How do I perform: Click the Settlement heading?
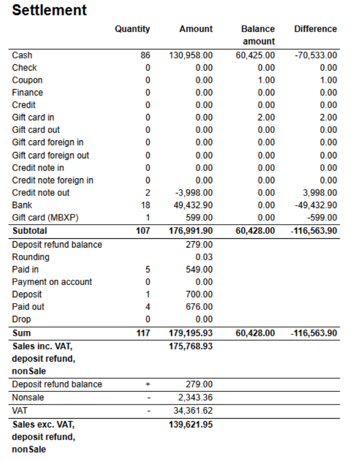(x=49, y=10)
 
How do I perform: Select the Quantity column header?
(x=132, y=29)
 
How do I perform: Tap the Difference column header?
(x=315, y=29)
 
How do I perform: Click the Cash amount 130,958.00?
(x=191, y=55)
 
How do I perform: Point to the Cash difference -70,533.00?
(x=316, y=55)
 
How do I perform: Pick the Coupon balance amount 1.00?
(x=266, y=80)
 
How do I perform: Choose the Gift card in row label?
(x=33, y=117)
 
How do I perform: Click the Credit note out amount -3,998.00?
(x=194, y=192)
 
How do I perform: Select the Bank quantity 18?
(x=145, y=205)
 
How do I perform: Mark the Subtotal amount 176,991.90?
(x=191, y=230)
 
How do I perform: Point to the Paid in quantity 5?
(x=147, y=269)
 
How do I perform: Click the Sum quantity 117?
(x=143, y=333)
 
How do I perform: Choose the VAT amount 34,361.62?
(x=193, y=411)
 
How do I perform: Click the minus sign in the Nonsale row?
(x=148, y=398)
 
